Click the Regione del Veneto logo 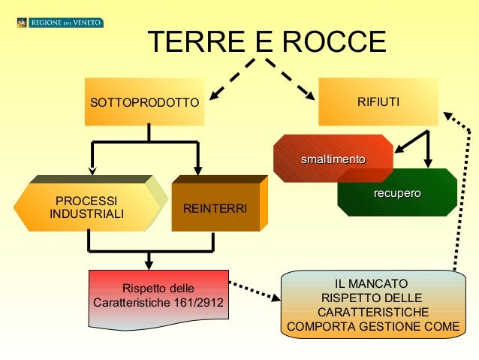pos(59,23)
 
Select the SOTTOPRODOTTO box pos(145,101)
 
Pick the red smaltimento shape pos(333,159)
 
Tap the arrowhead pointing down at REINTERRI pos(197,168)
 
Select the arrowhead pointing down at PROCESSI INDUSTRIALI pos(92,168)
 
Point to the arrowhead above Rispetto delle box pos(149,262)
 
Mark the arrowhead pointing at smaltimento pos(400,147)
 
